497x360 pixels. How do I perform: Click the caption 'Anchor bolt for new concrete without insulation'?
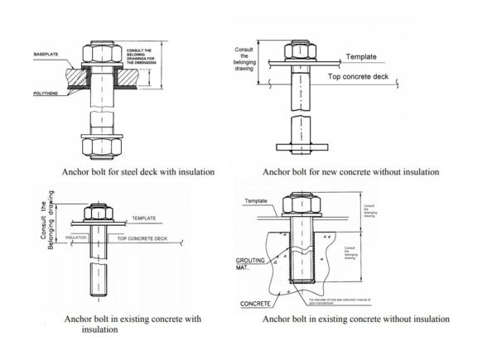pyautogui.click(x=350, y=172)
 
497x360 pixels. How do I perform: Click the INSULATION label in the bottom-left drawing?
pyautogui.click(x=75, y=237)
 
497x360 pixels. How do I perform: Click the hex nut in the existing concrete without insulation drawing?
pyautogui.click(x=300, y=203)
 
